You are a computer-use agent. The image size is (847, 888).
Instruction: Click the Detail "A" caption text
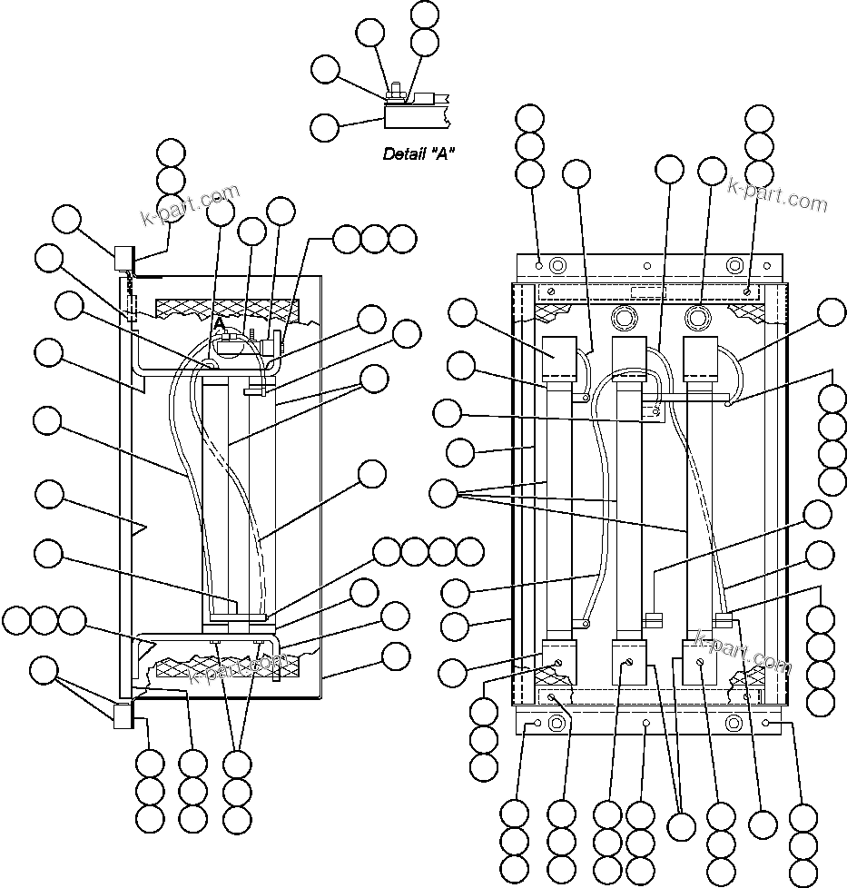tap(419, 154)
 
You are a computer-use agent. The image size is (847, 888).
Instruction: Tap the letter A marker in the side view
tap(219, 322)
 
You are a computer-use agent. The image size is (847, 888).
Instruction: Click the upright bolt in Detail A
tap(397, 91)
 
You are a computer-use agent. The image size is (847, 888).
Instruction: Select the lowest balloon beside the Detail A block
tap(325, 126)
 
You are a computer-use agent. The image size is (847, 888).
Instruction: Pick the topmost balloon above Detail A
tap(424, 15)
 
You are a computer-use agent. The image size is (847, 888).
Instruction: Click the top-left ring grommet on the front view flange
tap(557, 265)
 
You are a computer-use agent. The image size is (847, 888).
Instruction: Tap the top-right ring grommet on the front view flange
tap(734, 265)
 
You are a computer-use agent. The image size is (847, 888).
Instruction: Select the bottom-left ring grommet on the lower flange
tap(557, 724)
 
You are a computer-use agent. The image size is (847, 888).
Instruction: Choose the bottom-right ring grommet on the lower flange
tap(734, 724)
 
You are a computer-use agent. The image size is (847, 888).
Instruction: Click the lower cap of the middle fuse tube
tap(629, 657)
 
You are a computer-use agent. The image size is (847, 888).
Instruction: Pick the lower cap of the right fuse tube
tap(700, 657)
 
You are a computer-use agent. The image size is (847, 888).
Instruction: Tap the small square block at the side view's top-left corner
tap(122, 259)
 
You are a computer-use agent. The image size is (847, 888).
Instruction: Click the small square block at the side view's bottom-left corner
tap(122, 715)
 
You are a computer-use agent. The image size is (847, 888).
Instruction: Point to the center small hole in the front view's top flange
tap(646, 266)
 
